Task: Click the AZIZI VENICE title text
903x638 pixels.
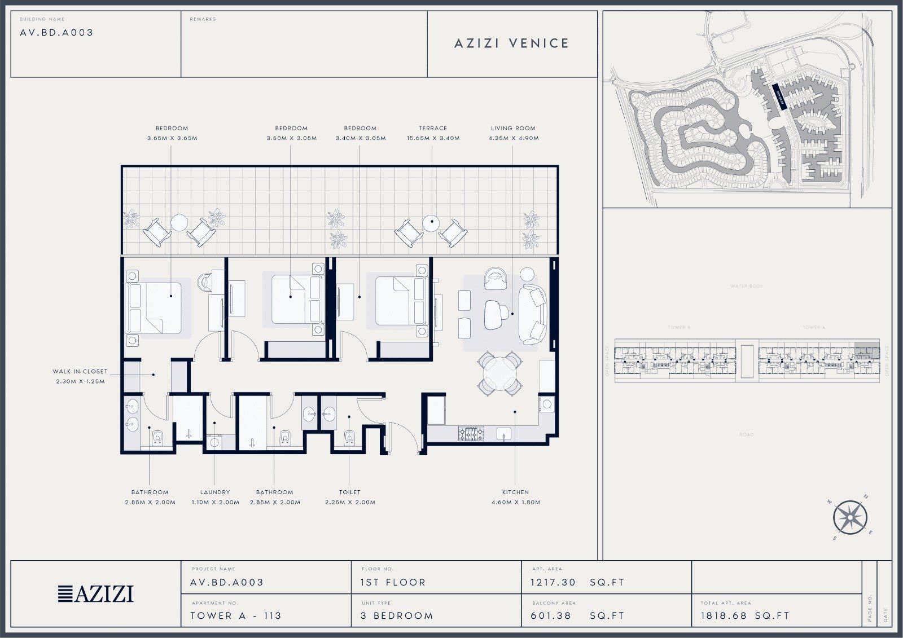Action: point(512,43)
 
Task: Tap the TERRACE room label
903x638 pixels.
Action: point(433,128)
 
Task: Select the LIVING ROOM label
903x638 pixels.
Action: point(513,128)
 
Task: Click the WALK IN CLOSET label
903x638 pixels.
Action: point(80,372)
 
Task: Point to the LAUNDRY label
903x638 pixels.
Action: point(215,492)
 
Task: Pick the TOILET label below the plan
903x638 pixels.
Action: point(350,492)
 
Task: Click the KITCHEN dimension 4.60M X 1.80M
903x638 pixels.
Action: point(516,502)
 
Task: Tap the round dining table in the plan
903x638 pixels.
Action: point(499,373)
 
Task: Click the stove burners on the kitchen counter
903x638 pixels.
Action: point(470,434)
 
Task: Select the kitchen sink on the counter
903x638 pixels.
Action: point(503,434)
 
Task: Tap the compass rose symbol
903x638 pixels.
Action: point(851,517)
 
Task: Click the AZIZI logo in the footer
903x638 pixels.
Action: point(96,594)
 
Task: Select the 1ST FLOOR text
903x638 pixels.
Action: point(393,582)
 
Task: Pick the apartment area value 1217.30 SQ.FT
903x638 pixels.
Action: point(577,582)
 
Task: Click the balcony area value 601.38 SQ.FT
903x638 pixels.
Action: point(577,615)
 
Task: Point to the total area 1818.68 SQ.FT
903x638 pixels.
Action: point(745,615)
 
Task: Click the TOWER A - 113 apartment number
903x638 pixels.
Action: point(235,615)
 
